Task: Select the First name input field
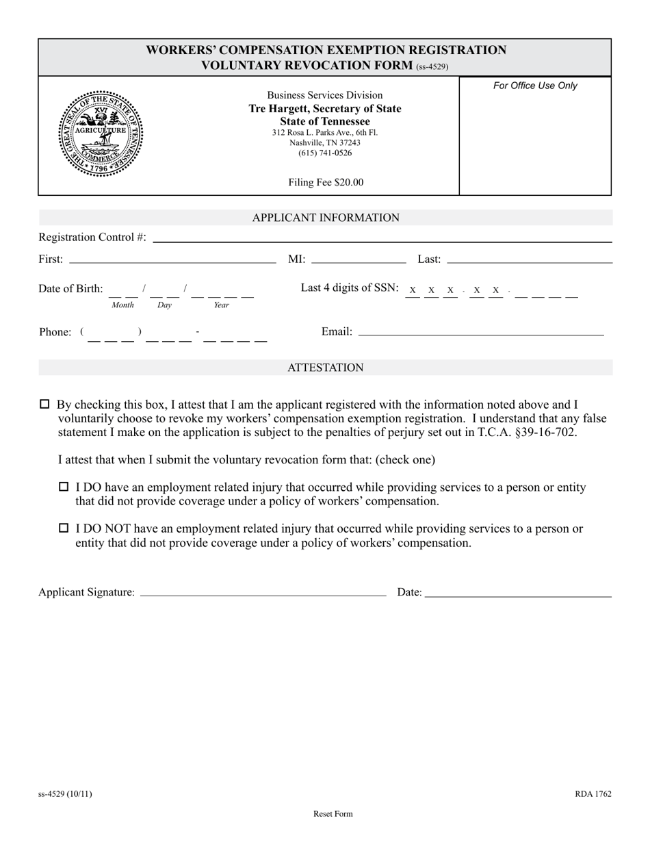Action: click(172, 258)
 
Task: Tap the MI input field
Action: click(358, 258)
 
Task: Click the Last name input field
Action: click(529, 258)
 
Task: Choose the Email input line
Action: click(480, 331)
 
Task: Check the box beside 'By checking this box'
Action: click(45, 405)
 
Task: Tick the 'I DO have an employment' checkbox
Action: click(64, 487)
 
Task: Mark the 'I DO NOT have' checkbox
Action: click(64, 528)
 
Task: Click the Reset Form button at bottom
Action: click(333, 814)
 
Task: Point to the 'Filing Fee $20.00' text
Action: click(326, 182)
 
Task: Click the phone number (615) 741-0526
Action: click(325, 153)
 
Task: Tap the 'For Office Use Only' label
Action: click(535, 86)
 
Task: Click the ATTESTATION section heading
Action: click(325, 368)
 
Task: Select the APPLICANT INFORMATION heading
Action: click(326, 218)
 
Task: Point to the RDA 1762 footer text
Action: click(593, 794)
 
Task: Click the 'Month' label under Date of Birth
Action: click(123, 305)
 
